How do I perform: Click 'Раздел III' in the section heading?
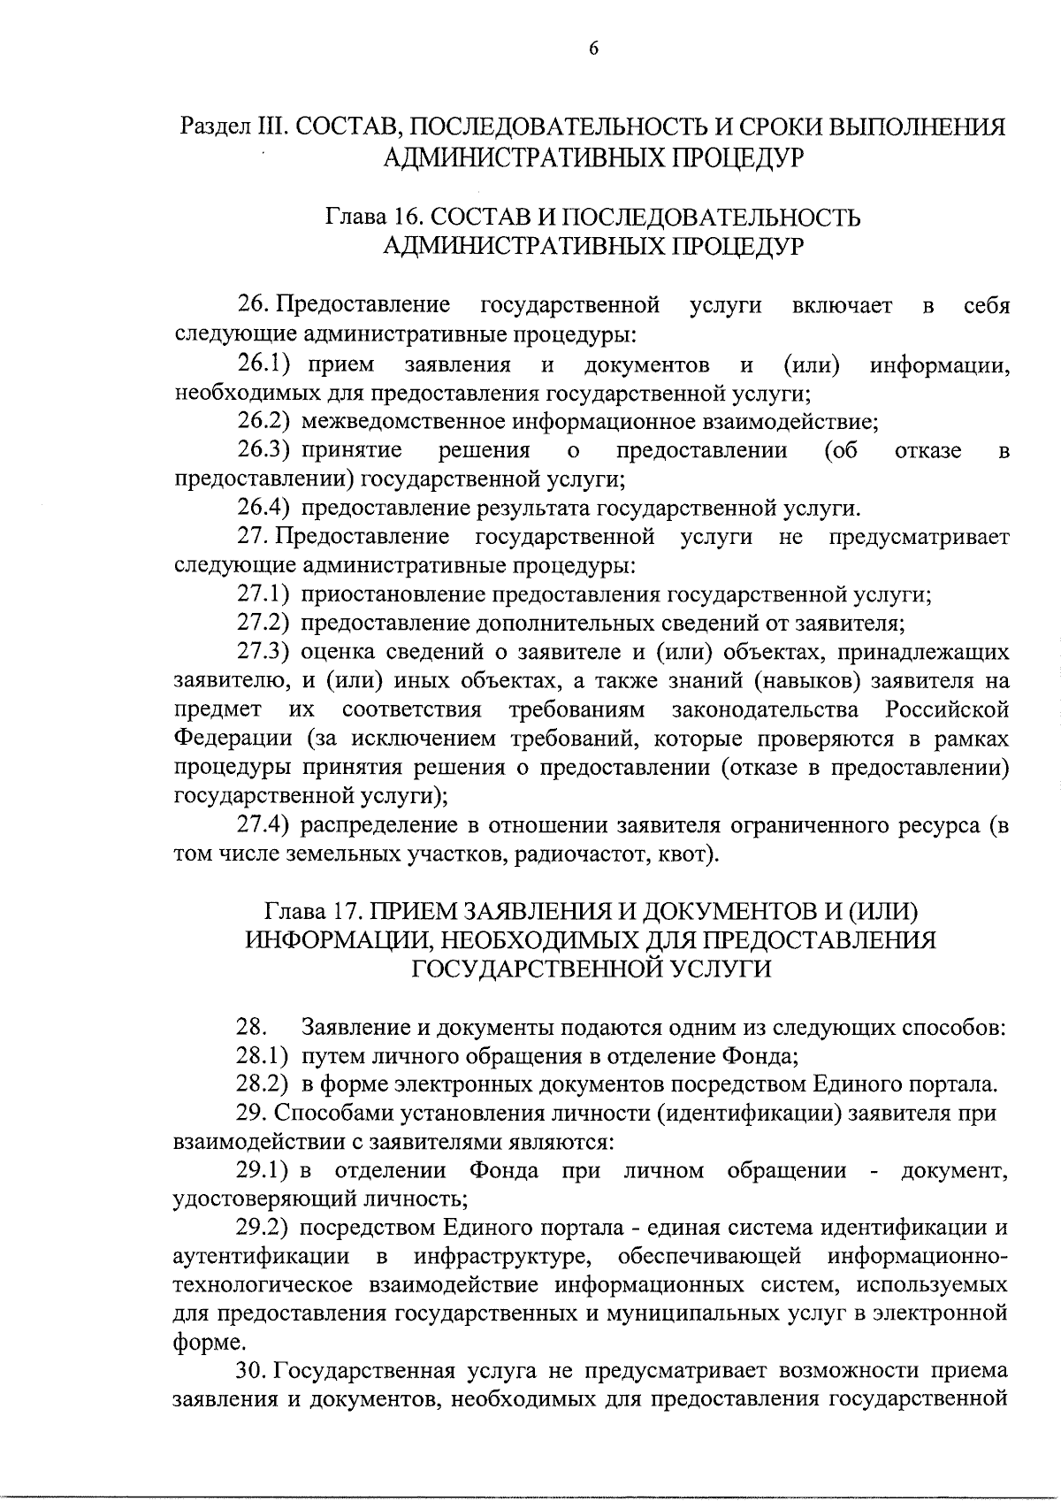coord(230,127)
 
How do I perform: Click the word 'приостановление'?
coord(389,594)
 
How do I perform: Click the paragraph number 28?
coord(250,1028)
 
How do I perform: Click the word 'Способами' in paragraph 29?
coord(329,1114)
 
